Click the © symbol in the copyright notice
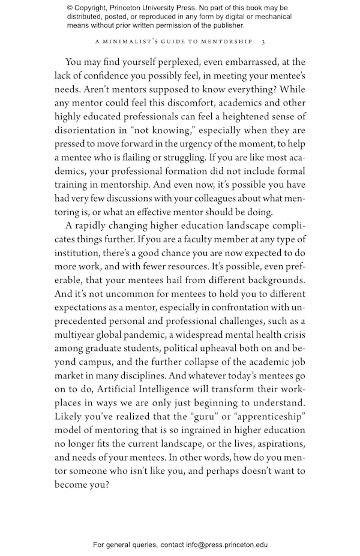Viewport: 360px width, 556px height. pyautogui.click(x=70, y=8)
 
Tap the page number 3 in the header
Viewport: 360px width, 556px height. pyautogui.click(x=263, y=43)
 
